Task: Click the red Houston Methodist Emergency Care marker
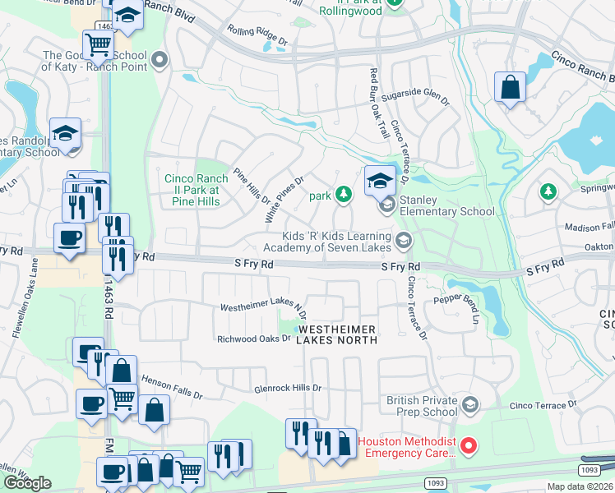click(x=469, y=446)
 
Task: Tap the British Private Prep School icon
click(x=469, y=404)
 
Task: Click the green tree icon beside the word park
click(x=344, y=195)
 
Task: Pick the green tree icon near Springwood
click(x=548, y=191)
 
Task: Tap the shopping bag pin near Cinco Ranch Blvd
click(x=510, y=86)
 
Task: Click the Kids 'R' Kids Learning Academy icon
click(x=403, y=241)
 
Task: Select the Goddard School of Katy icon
click(x=160, y=60)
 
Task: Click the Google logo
click(x=27, y=483)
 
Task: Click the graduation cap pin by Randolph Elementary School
click(x=66, y=134)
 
